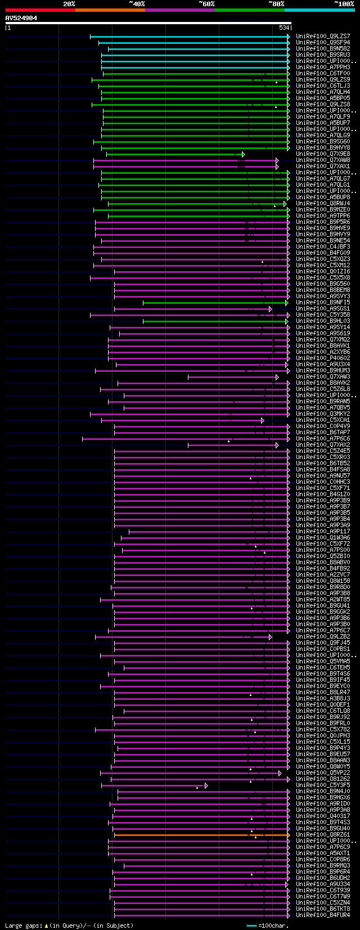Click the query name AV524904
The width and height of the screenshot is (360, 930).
point(21,18)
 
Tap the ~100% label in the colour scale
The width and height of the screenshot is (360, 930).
point(344,4)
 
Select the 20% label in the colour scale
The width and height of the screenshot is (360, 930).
point(69,4)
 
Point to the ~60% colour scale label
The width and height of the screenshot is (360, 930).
point(206,4)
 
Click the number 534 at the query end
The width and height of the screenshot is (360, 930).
point(284,28)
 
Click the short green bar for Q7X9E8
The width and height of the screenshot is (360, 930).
point(174,154)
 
